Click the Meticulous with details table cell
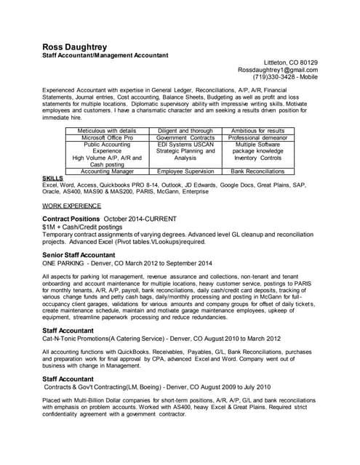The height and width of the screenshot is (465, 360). coord(107,131)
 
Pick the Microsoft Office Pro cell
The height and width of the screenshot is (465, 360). coord(107,137)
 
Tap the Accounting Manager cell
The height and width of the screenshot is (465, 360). coord(107,171)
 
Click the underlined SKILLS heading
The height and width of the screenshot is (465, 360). coord(53,178)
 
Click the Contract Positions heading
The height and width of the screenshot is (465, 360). coord(71,219)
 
